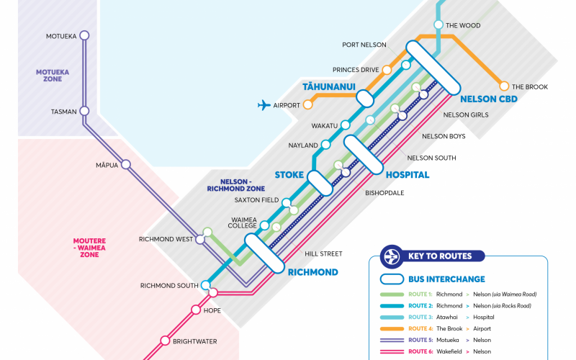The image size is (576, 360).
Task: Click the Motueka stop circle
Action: pyautogui.click(x=84, y=35)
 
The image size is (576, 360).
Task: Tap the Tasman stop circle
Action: pyautogui.click(x=84, y=111)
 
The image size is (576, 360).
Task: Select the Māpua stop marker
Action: pyautogui.click(x=126, y=164)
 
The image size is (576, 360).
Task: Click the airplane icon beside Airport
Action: pyautogui.click(x=264, y=105)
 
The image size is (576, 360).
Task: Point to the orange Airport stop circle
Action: pyautogui.click(x=307, y=105)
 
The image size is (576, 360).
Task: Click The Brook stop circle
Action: pyautogui.click(x=504, y=86)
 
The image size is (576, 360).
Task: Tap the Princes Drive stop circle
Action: pyautogui.click(x=387, y=70)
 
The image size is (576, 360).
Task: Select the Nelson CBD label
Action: pyautogui.click(x=488, y=99)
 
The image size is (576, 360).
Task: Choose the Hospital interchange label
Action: pyautogui.click(x=408, y=175)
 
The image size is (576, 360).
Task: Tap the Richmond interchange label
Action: pyautogui.click(x=312, y=272)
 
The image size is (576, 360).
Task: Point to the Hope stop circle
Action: pyautogui.click(x=195, y=310)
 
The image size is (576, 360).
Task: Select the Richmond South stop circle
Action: pyautogui.click(x=206, y=285)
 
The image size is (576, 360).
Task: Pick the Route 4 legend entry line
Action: pyautogui.click(x=392, y=328)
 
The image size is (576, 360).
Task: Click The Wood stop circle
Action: pyautogui.click(x=438, y=25)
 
